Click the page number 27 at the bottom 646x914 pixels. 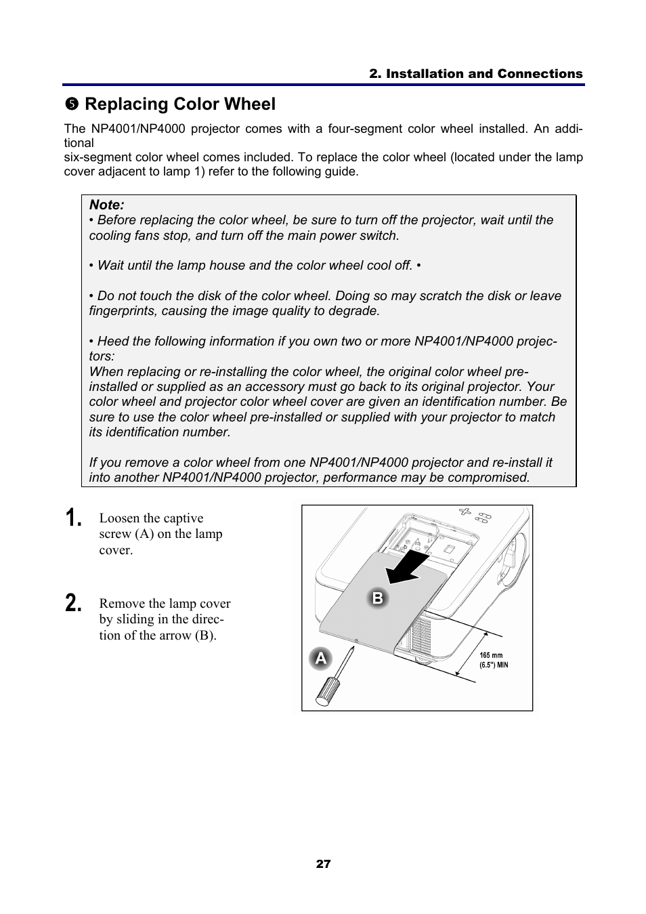tap(323, 864)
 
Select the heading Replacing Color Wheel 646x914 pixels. tap(180, 104)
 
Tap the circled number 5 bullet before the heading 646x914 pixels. tap(72, 104)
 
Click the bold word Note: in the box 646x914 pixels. tap(107, 205)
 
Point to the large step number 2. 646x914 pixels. tap(74, 603)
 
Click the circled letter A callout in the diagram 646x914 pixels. tap(320, 659)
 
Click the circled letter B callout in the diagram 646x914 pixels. tap(378, 598)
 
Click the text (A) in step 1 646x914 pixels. tap(144, 534)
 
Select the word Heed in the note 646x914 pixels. tap(112, 341)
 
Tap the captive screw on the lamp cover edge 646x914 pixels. tap(356, 640)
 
